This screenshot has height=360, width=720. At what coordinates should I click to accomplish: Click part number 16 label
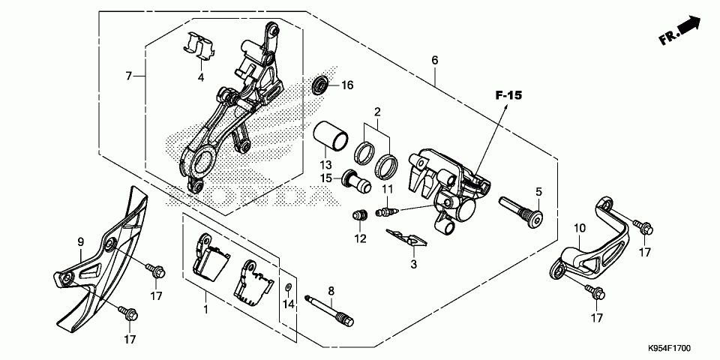(x=347, y=85)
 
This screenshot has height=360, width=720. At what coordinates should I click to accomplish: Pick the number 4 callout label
(x=200, y=77)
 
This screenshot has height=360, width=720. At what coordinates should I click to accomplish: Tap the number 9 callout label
(x=80, y=242)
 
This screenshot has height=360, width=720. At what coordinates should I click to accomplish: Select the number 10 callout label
(x=580, y=228)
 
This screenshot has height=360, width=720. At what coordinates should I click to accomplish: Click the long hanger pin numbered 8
(x=329, y=310)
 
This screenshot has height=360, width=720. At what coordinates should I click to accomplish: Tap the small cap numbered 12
(x=358, y=216)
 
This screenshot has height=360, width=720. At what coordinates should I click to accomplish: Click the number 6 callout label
(x=434, y=60)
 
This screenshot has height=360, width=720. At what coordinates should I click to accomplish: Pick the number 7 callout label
(x=129, y=76)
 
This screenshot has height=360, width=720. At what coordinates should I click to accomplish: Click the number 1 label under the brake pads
(x=206, y=308)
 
